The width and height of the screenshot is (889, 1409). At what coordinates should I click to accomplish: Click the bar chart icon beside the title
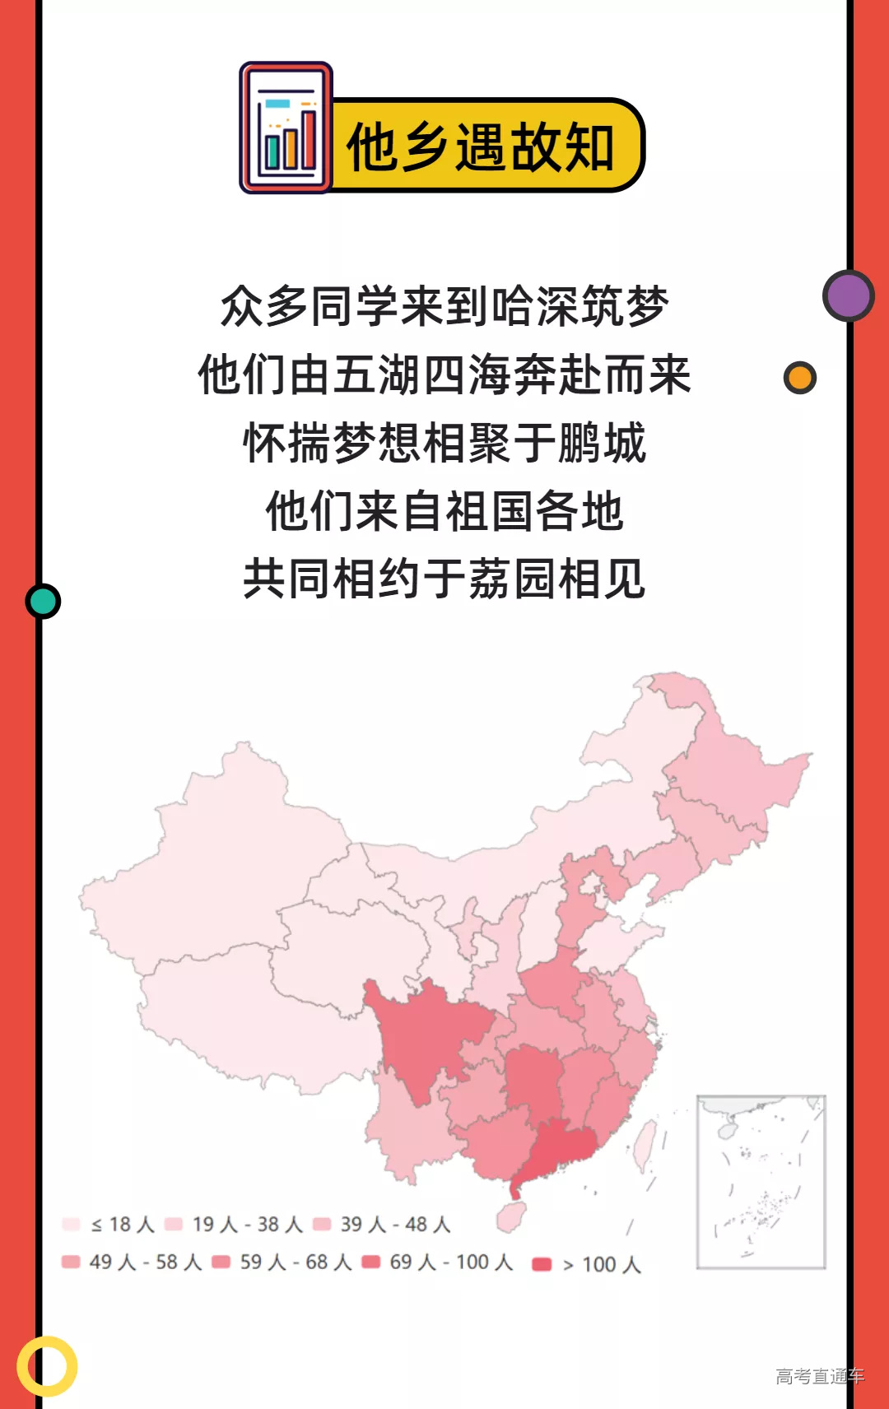[286, 128]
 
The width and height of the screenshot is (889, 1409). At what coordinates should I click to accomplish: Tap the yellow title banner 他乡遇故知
[486, 146]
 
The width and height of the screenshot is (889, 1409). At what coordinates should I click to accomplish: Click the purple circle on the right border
[848, 295]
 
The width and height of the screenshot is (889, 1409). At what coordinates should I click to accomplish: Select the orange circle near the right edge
[799, 378]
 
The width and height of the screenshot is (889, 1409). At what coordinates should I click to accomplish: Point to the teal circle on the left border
[43, 601]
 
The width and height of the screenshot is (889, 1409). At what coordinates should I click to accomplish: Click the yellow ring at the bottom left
[47, 1365]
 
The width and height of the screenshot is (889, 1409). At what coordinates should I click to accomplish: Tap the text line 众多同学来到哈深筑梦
[444, 307]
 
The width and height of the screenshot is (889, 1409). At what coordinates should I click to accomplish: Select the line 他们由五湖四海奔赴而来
[444, 375]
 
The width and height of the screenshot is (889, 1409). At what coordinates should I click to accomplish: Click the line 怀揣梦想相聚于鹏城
[444, 444]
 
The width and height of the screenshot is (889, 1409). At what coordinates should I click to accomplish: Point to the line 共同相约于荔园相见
[444, 579]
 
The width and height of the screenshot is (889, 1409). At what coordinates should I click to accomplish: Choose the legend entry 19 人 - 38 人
[235, 1225]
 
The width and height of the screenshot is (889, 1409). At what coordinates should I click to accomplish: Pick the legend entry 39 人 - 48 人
[383, 1225]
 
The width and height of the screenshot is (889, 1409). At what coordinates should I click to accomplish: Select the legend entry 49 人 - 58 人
[132, 1263]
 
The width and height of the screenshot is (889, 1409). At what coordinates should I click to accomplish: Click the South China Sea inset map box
[761, 1182]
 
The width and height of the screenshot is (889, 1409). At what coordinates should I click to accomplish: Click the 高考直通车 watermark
[819, 1376]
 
